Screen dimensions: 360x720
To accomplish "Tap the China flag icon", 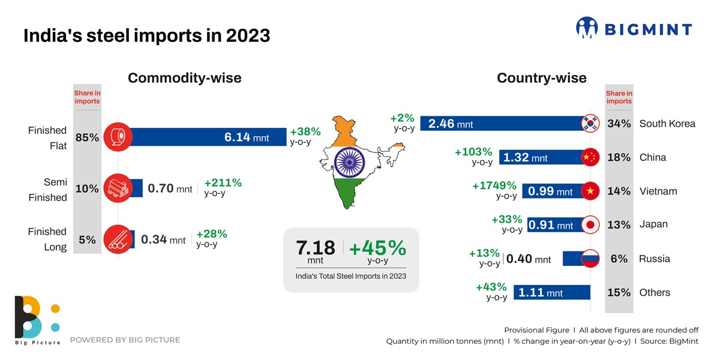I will pyautogui.click(x=590, y=157).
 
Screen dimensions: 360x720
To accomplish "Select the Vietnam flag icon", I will pyautogui.click(x=590, y=191).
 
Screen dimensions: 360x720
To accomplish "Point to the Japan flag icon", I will pyautogui.click(x=590, y=225).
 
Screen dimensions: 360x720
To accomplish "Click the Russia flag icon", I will pyautogui.click(x=590, y=259).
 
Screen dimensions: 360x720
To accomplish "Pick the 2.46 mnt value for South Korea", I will pyautogui.click(x=451, y=124).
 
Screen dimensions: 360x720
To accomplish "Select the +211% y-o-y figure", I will pyautogui.click(x=223, y=183).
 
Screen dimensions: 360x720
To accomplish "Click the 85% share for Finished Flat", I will pyautogui.click(x=87, y=137).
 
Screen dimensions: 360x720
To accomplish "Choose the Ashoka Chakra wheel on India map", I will pyautogui.click(x=349, y=161).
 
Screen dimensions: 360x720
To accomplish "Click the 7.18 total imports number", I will pyautogui.click(x=316, y=248).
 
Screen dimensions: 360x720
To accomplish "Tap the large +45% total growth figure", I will pyautogui.click(x=377, y=248).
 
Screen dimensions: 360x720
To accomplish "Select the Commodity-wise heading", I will pyautogui.click(x=185, y=78).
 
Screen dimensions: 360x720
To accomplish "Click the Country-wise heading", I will pyautogui.click(x=542, y=78).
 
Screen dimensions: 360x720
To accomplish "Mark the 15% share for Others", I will pyautogui.click(x=619, y=293).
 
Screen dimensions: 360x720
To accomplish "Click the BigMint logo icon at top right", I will pyautogui.click(x=587, y=28).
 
